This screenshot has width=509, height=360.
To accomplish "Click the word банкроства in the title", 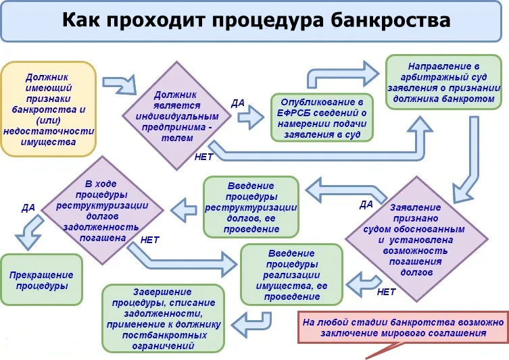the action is (391, 20).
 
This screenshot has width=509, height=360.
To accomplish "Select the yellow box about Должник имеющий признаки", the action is (49, 109).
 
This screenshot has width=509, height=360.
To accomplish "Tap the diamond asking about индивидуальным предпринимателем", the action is (177, 115).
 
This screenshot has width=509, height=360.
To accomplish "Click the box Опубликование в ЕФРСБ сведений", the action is (322, 118).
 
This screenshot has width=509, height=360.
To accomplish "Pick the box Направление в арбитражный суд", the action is (443, 82).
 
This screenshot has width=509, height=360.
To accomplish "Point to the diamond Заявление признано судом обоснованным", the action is (416, 240).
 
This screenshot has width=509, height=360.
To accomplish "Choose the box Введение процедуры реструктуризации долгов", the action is (251, 207).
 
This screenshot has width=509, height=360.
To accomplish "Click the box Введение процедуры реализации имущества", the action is (291, 275).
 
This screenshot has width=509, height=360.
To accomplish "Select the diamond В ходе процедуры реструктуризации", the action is (103, 211).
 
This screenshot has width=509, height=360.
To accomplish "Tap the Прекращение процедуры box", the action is (41, 280).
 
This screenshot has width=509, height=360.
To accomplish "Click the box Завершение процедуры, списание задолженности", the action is (164, 319).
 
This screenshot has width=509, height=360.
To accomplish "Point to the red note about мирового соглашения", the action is (403, 328).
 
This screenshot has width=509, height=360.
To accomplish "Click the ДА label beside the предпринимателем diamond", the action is (238, 103).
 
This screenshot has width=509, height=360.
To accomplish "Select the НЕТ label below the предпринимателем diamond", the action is (203, 157).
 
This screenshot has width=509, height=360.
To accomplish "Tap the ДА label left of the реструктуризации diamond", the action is (28, 207).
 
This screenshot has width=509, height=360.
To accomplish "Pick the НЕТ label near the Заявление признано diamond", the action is (386, 292).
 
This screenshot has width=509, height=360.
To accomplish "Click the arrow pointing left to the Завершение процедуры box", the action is (252, 325).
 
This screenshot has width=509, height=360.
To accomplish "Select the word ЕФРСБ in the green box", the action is (293, 113).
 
